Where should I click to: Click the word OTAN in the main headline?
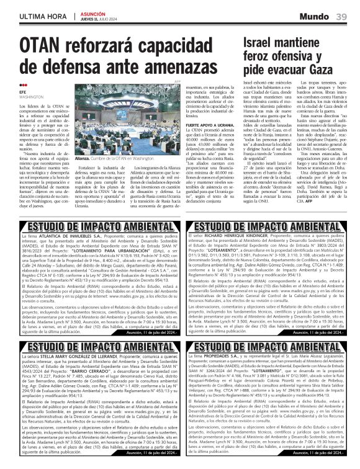pos(38,47)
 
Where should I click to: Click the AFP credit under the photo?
pos(176,81)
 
